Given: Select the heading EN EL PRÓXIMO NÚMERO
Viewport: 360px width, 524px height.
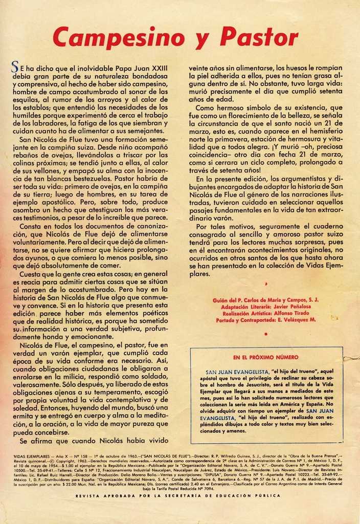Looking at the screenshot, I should coord(266,357).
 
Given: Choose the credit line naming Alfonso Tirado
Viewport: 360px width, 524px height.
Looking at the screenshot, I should coord(265,313).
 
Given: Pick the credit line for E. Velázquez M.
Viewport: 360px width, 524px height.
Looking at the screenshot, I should coord(265,320).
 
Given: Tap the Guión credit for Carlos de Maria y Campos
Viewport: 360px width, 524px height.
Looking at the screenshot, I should coord(265,300).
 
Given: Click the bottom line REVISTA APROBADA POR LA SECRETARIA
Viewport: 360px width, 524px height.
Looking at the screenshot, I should coord(178,495).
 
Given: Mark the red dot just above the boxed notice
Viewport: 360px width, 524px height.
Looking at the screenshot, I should coord(266,334).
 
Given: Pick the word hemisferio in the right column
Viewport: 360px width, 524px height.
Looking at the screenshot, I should coord(323,130).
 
